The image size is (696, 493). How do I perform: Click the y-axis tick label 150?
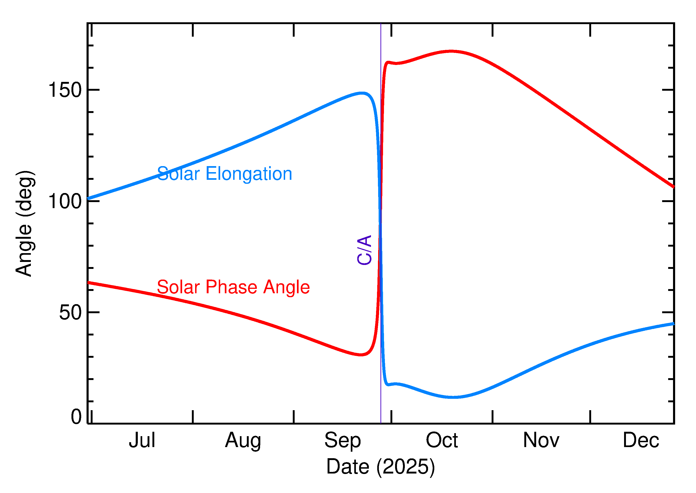[65, 90]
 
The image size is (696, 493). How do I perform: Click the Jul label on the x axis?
[142, 441]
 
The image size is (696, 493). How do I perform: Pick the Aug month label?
[243, 441]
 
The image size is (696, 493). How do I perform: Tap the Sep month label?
[342, 441]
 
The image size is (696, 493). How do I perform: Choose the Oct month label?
[442, 441]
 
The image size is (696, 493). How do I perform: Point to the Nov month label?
[541, 441]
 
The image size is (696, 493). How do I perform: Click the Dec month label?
[641, 441]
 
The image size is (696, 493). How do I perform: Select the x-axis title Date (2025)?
[380, 467]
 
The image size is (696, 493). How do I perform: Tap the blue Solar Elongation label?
[224, 174]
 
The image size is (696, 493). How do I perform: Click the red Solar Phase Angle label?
[233, 287]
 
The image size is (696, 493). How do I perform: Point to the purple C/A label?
[364, 250]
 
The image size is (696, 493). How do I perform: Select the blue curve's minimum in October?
[453, 397]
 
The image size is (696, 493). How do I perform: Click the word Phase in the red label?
[231, 287]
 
